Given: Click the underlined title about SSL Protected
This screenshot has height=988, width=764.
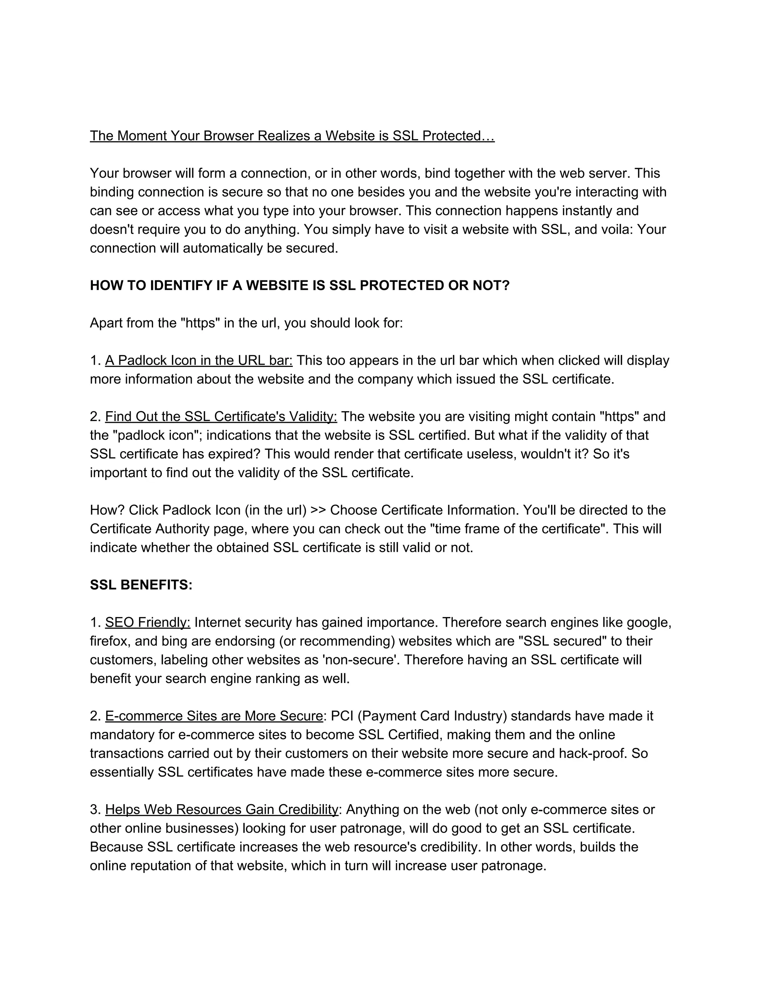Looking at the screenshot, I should (x=292, y=136).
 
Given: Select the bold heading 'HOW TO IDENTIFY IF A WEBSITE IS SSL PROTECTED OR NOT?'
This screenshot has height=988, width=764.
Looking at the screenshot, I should (x=300, y=286).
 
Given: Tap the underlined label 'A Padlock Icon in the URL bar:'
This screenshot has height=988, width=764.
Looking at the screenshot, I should (x=199, y=361).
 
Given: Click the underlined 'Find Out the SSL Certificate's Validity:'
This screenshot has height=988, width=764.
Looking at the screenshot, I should (x=221, y=417).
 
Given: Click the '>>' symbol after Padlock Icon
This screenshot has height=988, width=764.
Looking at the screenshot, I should (x=318, y=510).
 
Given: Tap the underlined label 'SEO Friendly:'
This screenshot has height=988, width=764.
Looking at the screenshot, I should (x=148, y=623).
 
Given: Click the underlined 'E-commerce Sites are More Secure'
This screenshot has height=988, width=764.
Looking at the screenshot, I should (x=214, y=716).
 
